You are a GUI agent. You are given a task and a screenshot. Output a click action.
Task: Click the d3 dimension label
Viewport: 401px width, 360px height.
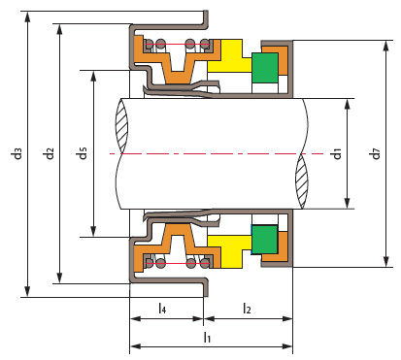[17, 153]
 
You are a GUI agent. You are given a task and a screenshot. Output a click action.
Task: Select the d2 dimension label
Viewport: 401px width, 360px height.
[50, 153]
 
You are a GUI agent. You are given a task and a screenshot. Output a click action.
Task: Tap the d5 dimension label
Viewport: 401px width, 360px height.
[83, 153]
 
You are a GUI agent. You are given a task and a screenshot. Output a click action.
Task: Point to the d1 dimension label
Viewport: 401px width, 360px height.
[337, 153]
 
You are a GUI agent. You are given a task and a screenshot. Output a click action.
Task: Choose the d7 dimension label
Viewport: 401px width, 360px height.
[376, 153]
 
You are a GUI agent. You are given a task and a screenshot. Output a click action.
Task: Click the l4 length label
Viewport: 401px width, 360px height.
[162, 308]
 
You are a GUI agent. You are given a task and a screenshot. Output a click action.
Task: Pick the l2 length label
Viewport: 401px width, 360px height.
[247, 308]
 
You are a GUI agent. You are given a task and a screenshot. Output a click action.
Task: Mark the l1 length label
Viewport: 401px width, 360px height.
[207, 337]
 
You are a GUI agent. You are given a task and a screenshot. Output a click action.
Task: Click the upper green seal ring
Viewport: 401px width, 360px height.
[265, 68]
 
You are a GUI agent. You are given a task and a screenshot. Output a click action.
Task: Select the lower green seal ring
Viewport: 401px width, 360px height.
[265, 240]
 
